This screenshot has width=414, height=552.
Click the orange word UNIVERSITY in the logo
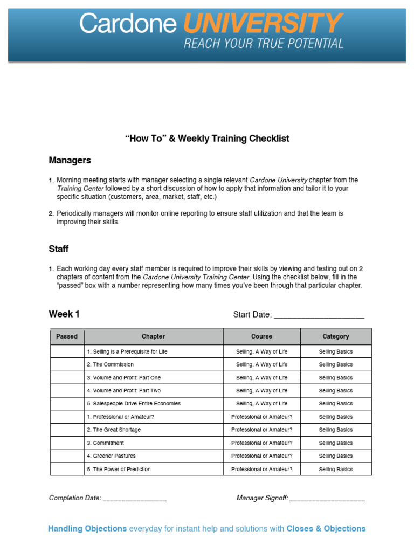pos(262,24)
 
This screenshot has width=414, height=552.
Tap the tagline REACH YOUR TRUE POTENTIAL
pos(264,44)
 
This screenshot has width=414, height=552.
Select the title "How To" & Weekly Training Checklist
pos(207,139)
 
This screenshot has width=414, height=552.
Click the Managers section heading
pos(70,160)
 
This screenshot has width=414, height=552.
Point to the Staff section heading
pos(59,249)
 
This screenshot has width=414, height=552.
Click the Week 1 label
pos(64,314)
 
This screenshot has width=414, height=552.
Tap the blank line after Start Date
pos(319,315)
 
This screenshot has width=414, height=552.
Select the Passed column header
pos(67,336)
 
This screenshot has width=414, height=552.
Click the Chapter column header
pos(154,336)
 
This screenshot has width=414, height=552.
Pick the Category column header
pos(336,336)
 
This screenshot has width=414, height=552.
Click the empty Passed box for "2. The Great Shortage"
pos(67,430)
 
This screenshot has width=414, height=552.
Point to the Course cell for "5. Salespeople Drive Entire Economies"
pos(261,404)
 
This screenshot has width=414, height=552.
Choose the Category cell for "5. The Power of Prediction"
pos(336,469)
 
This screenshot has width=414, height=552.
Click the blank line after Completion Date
pos(134,499)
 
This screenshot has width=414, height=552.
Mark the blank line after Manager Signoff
pos(327,499)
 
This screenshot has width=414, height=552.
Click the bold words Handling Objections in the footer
pos(87,529)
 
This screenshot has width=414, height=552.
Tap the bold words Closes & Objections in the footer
pos(326,529)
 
